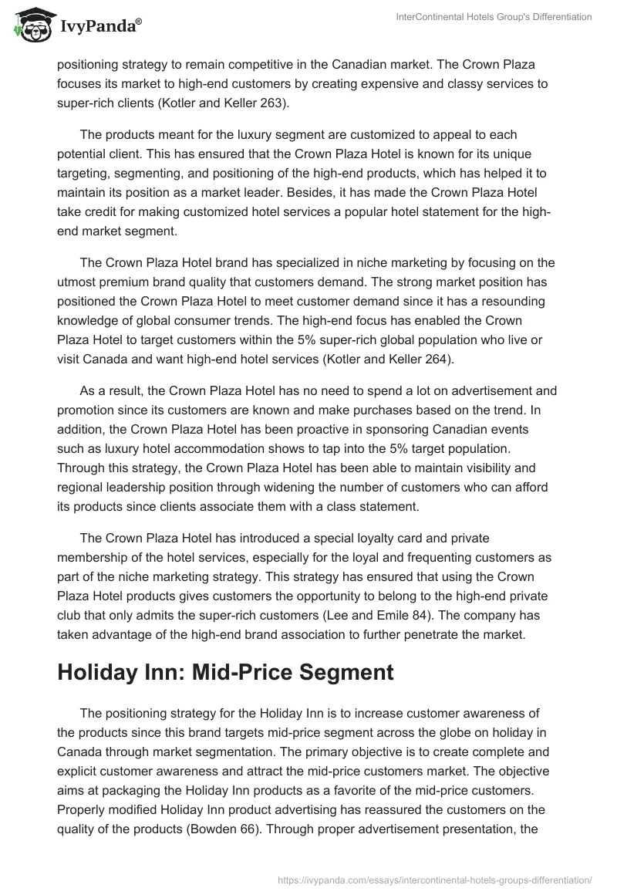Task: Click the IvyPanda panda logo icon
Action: click(31, 25)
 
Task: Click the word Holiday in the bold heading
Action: click(101, 671)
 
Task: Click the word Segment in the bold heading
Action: click(348, 671)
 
